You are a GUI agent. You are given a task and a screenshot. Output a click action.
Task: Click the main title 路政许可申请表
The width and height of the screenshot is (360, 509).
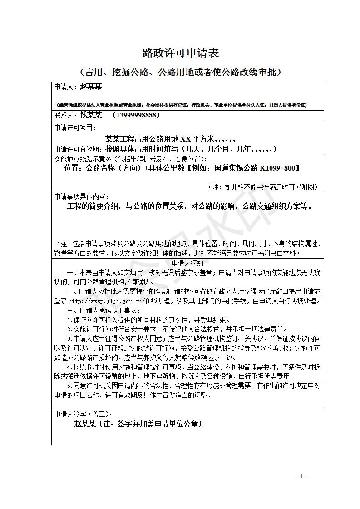coord(181,53)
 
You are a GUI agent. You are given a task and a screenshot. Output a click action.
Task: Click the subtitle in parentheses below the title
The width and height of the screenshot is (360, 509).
coord(181,72)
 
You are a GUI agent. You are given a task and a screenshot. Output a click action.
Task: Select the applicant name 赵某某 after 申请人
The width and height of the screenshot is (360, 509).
coord(91,87)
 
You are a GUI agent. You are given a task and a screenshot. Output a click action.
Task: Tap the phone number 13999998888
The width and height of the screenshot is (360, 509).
coord(138,115)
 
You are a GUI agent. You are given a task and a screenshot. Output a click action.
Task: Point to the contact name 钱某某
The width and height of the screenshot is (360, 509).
coord(91,115)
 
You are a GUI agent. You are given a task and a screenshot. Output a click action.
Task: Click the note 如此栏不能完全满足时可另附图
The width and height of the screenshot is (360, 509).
coord(263,187)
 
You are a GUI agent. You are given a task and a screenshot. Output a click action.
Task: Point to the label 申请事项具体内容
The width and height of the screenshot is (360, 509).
coord(81,196)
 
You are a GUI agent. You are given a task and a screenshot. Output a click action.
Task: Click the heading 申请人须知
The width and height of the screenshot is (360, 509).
coord(187,263)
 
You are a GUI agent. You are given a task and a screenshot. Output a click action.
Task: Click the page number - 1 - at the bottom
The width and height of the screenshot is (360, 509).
coord(301,476)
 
